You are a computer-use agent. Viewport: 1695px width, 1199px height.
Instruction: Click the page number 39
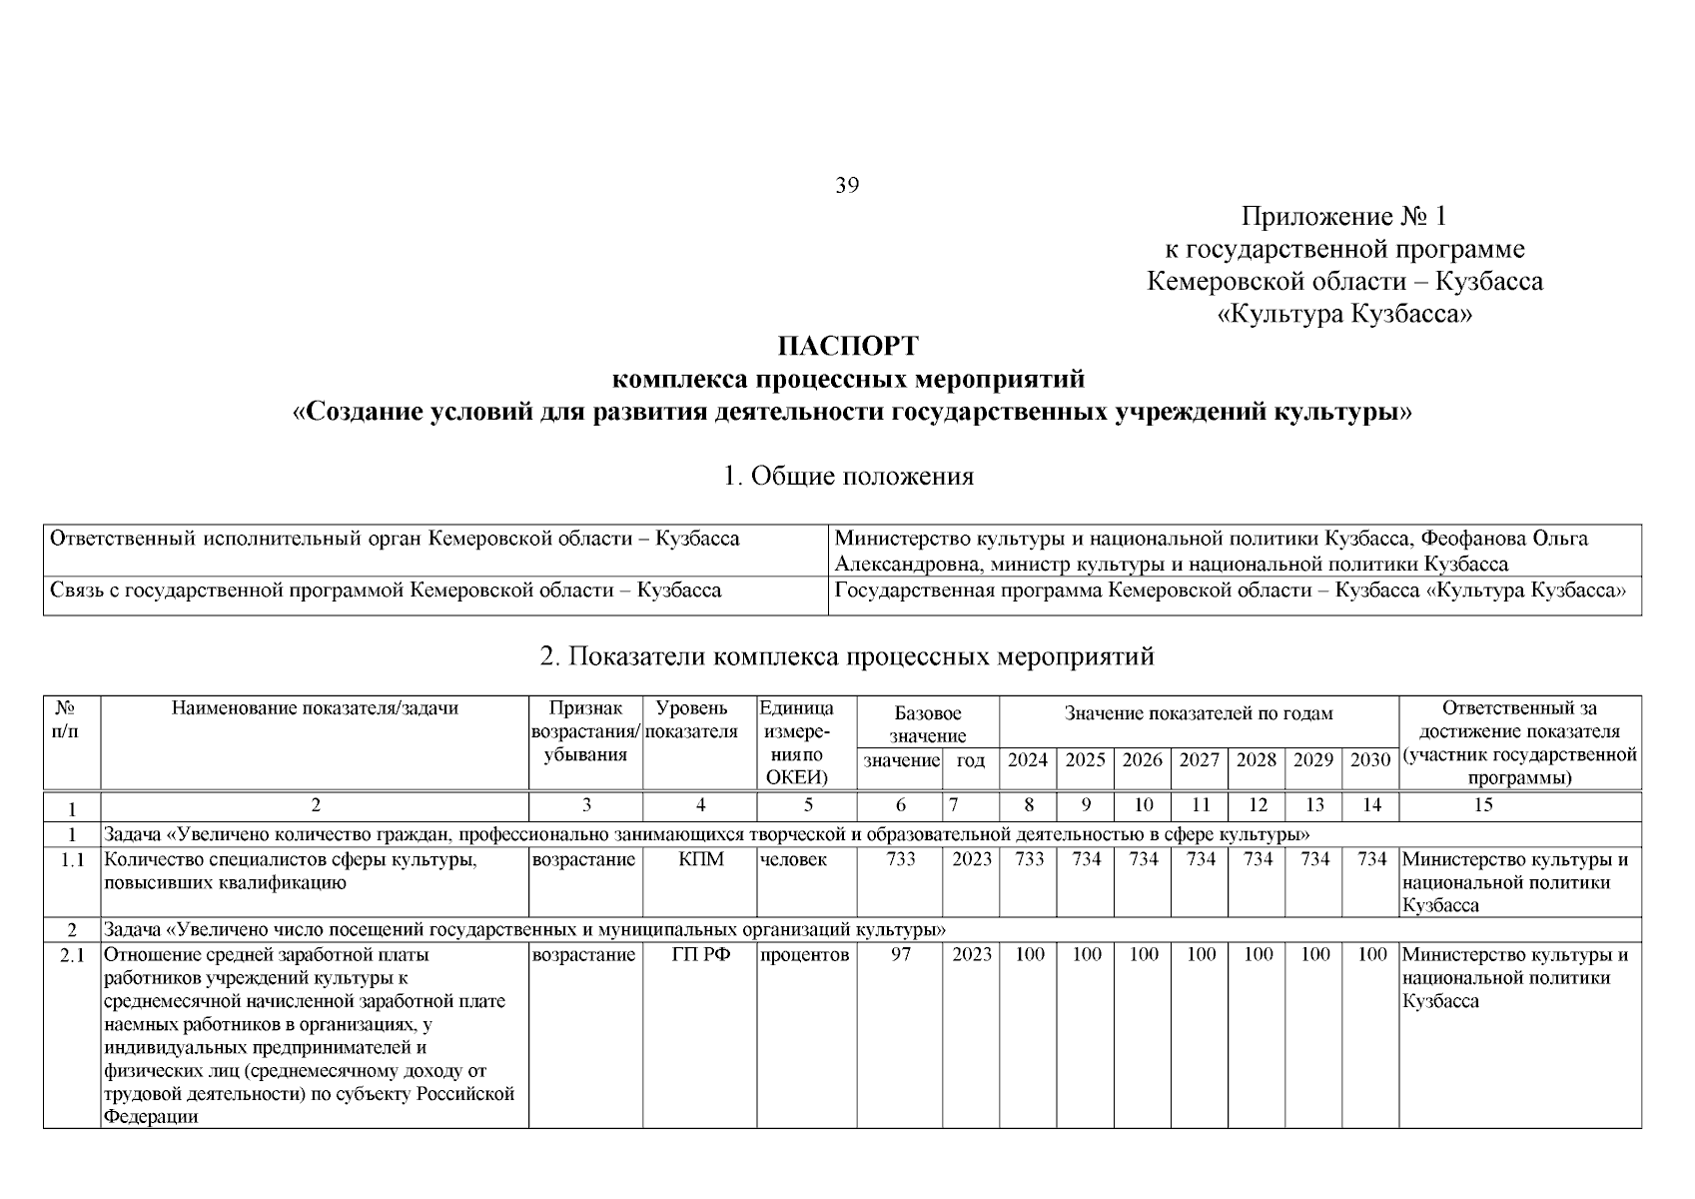[x=847, y=186]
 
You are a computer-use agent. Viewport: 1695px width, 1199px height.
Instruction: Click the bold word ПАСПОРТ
[x=847, y=347]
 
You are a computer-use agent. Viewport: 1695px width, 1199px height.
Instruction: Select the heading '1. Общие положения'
[x=847, y=477]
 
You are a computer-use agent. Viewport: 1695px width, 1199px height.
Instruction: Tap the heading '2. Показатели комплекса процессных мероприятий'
[x=847, y=656]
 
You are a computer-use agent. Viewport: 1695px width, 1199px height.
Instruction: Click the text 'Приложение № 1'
[x=1343, y=217]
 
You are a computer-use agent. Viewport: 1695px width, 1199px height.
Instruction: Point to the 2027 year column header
[x=1200, y=760]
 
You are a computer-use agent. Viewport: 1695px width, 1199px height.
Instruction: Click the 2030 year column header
[x=1370, y=760]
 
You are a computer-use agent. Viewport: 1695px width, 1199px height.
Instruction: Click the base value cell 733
[x=900, y=860]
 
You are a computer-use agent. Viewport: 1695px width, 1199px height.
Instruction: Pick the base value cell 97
[x=900, y=955]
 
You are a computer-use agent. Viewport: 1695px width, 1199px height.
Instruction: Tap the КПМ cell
[x=700, y=860]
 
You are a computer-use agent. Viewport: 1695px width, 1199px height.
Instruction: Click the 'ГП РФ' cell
[x=700, y=955]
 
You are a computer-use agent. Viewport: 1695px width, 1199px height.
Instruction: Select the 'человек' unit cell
[x=793, y=860]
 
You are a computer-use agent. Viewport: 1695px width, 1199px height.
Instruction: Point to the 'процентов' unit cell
[x=805, y=955]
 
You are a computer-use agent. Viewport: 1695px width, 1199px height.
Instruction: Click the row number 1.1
[x=72, y=860]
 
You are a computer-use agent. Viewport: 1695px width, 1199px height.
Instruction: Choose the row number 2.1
[x=72, y=955]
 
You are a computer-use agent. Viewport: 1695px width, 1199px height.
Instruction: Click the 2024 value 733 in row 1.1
[x=1029, y=860]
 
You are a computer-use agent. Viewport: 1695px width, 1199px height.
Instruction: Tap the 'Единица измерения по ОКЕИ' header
[x=799, y=743]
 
